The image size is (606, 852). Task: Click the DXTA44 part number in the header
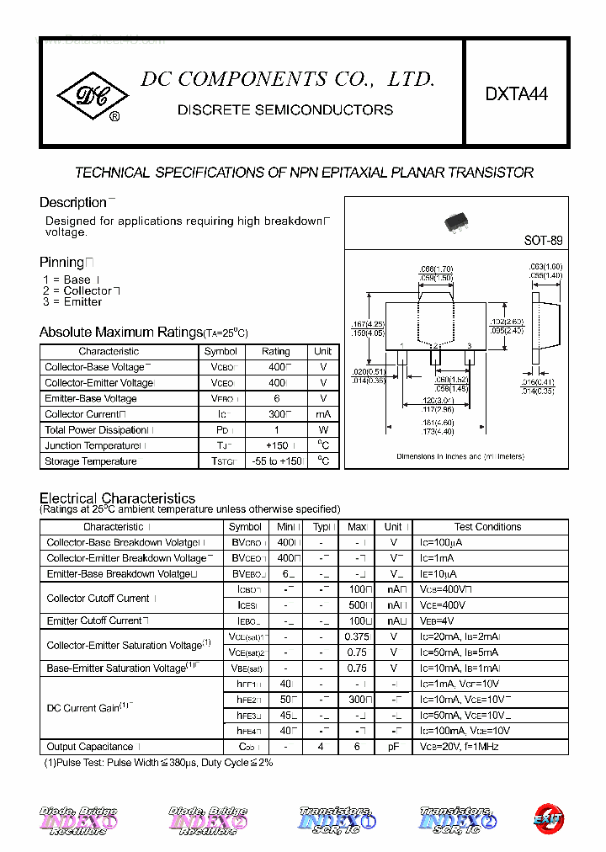tap(516, 94)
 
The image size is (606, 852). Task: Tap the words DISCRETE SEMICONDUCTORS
tap(284, 110)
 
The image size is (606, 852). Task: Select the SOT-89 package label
tap(543, 240)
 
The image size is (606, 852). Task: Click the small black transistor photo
tap(456, 222)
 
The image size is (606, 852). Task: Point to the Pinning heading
tap(62, 263)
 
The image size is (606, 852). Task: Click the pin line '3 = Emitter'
tap(72, 302)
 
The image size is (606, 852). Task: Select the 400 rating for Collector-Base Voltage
tap(275, 367)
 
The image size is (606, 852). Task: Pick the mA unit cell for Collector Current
tap(323, 414)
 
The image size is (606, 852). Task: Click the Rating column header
tap(275, 351)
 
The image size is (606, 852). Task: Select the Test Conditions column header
tap(487, 527)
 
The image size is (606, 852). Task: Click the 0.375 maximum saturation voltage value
tap(357, 637)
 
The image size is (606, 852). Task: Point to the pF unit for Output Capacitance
tap(393, 747)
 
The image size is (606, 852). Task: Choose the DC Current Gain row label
tap(83, 708)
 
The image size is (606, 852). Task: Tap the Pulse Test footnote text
tap(158, 763)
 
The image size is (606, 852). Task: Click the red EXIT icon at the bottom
tap(548, 817)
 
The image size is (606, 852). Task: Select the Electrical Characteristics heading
tap(117, 498)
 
